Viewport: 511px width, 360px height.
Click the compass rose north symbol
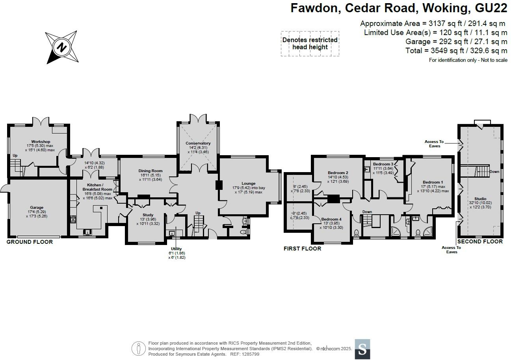point(61,47)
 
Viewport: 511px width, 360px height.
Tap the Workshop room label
point(41,141)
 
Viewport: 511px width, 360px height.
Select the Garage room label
point(37,208)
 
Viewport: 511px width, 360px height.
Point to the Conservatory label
point(198,143)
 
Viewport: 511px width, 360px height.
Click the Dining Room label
point(150,171)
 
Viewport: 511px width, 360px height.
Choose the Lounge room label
point(248,184)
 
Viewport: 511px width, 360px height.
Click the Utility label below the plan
point(177,249)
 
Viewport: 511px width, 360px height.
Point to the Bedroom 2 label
point(338,173)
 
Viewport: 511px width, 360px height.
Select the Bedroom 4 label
point(331,219)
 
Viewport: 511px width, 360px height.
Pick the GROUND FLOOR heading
point(30,242)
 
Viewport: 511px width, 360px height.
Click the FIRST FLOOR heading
point(302,249)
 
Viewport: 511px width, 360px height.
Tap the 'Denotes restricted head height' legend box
point(310,44)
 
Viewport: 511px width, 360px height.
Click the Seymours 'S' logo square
point(362,349)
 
